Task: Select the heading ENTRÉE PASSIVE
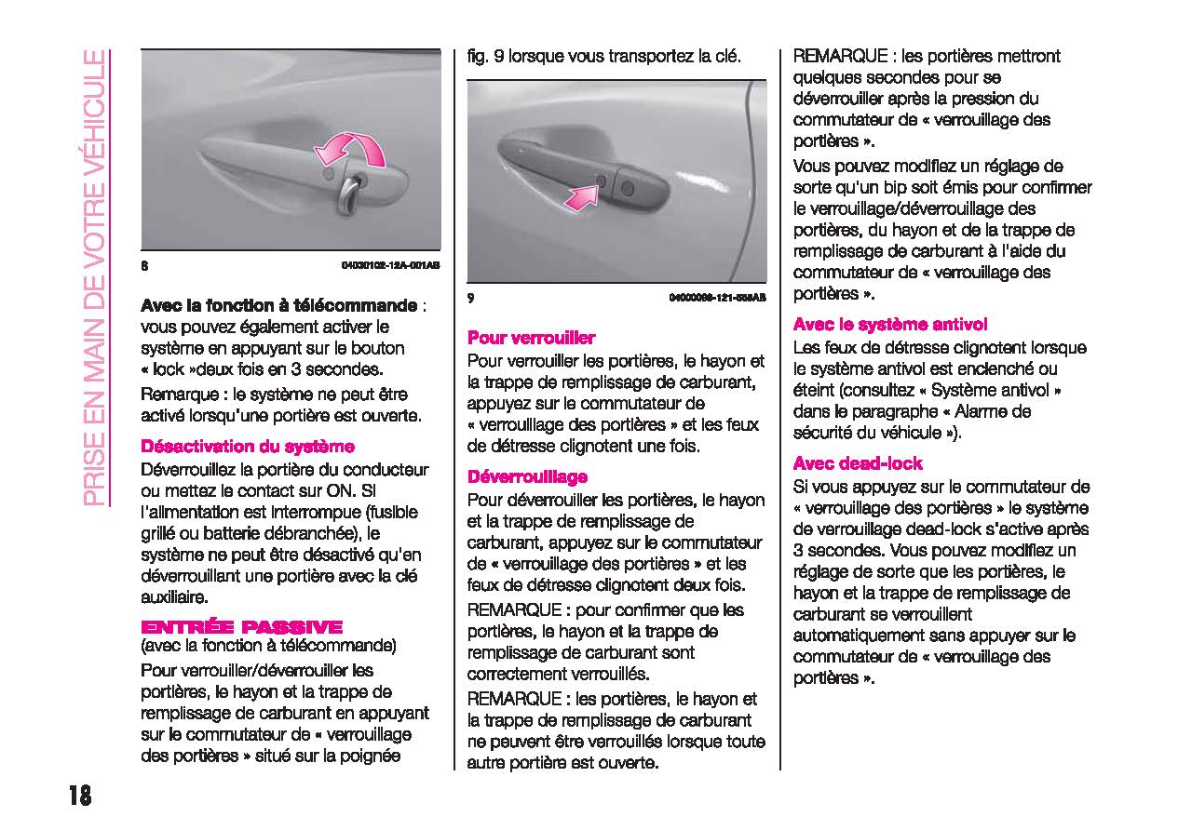click(x=241, y=627)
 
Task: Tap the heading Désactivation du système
click(x=247, y=447)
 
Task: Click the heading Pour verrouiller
click(x=531, y=338)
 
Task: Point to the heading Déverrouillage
click(x=527, y=477)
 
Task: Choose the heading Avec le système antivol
click(x=889, y=325)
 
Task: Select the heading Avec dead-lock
click(x=857, y=463)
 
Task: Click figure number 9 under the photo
click(x=471, y=298)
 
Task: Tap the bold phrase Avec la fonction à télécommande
click(x=278, y=305)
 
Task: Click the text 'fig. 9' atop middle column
click(x=486, y=56)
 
